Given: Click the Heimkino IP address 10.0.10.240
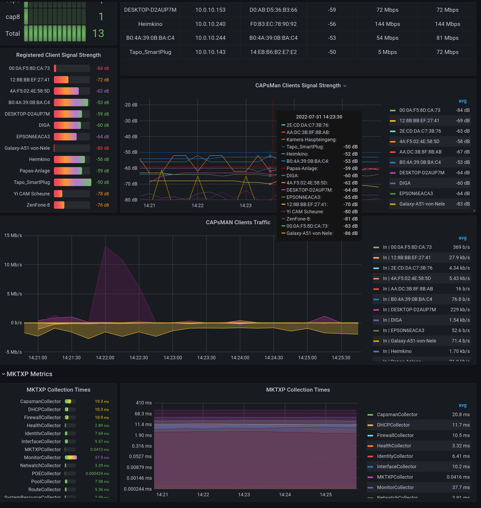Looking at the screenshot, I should [x=210, y=24].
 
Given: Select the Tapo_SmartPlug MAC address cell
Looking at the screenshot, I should [x=273, y=52].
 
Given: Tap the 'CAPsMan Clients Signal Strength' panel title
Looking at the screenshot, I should [x=298, y=85].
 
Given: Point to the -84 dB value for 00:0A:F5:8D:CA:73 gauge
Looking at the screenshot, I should [x=102, y=68].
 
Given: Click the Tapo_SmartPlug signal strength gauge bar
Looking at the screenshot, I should [x=72, y=182].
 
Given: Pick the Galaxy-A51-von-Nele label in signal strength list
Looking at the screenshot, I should [x=27, y=148].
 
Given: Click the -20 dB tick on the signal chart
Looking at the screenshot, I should [x=131, y=105].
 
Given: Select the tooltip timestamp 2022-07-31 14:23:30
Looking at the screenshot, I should [x=319, y=117].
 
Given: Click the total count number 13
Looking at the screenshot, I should [x=98, y=34].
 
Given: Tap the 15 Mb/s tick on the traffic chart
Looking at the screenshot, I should [x=13, y=235].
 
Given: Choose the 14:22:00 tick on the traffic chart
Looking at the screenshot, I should [x=105, y=358].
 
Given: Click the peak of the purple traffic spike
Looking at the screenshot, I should [x=105, y=246].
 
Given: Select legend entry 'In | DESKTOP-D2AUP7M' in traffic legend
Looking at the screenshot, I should [x=413, y=310].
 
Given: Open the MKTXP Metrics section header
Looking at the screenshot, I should [x=29, y=374].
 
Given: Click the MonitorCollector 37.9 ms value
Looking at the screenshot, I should [x=102, y=458].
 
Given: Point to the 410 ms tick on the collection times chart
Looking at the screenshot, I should [x=144, y=403].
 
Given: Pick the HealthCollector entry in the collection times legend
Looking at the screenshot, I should [x=394, y=446].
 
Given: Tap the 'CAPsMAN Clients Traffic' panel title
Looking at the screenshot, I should [x=238, y=222].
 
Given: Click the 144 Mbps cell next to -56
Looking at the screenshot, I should [x=387, y=24].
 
